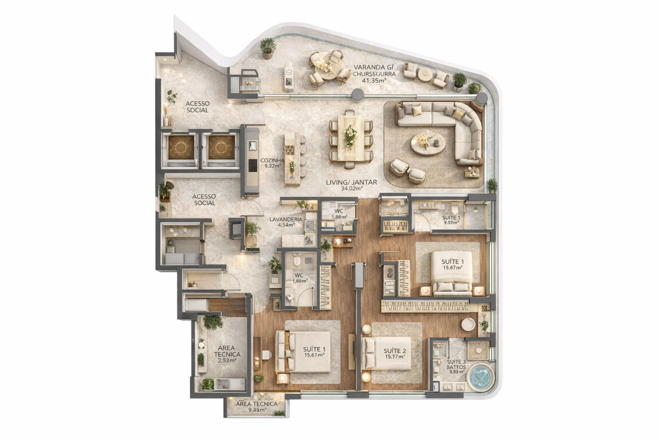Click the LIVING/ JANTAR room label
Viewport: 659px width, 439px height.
[x=351, y=185]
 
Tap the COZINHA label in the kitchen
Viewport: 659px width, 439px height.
[x=272, y=163]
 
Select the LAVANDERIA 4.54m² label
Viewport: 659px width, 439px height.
[x=286, y=222]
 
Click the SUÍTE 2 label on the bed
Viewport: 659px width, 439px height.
[x=394, y=353]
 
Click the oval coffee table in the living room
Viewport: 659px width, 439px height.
[x=428, y=144]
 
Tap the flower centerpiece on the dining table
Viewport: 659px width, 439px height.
[x=350, y=136]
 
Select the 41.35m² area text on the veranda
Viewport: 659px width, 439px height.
[x=374, y=80]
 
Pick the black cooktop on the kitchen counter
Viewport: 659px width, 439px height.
[x=253, y=165]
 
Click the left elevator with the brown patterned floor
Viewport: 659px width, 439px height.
[x=181, y=147]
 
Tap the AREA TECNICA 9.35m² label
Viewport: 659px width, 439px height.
[x=256, y=406]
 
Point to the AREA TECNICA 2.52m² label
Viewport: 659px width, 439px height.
[x=227, y=354]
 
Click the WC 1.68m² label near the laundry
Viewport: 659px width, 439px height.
[x=339, y=214]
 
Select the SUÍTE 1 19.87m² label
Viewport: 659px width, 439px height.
[x=453, y=264]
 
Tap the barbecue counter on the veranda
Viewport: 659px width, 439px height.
[x=288, y=77]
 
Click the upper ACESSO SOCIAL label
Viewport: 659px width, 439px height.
[x=197, y=107]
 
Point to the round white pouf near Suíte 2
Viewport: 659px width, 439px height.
[x=468, y=324]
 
